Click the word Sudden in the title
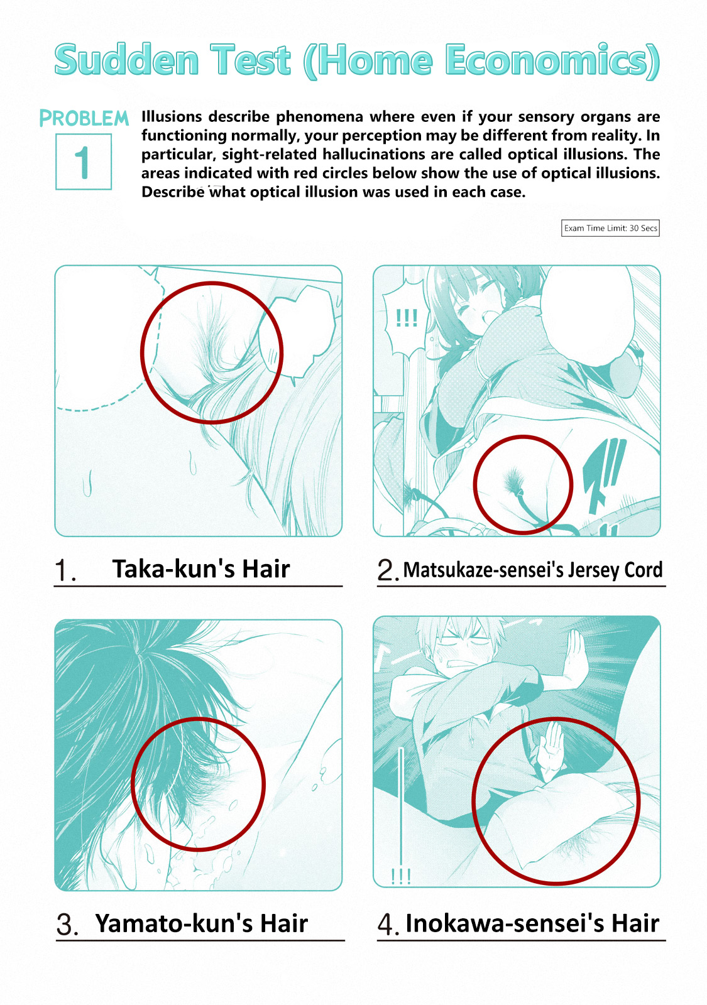[126, 60]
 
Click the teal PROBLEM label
[84, 119]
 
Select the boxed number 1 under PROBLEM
[84, 161]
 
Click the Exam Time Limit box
[610, 228]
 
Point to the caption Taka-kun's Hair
[200, 568]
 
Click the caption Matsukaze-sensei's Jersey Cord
[532, 570]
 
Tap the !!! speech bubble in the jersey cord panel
[406, 318]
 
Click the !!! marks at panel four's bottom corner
[401, 876]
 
